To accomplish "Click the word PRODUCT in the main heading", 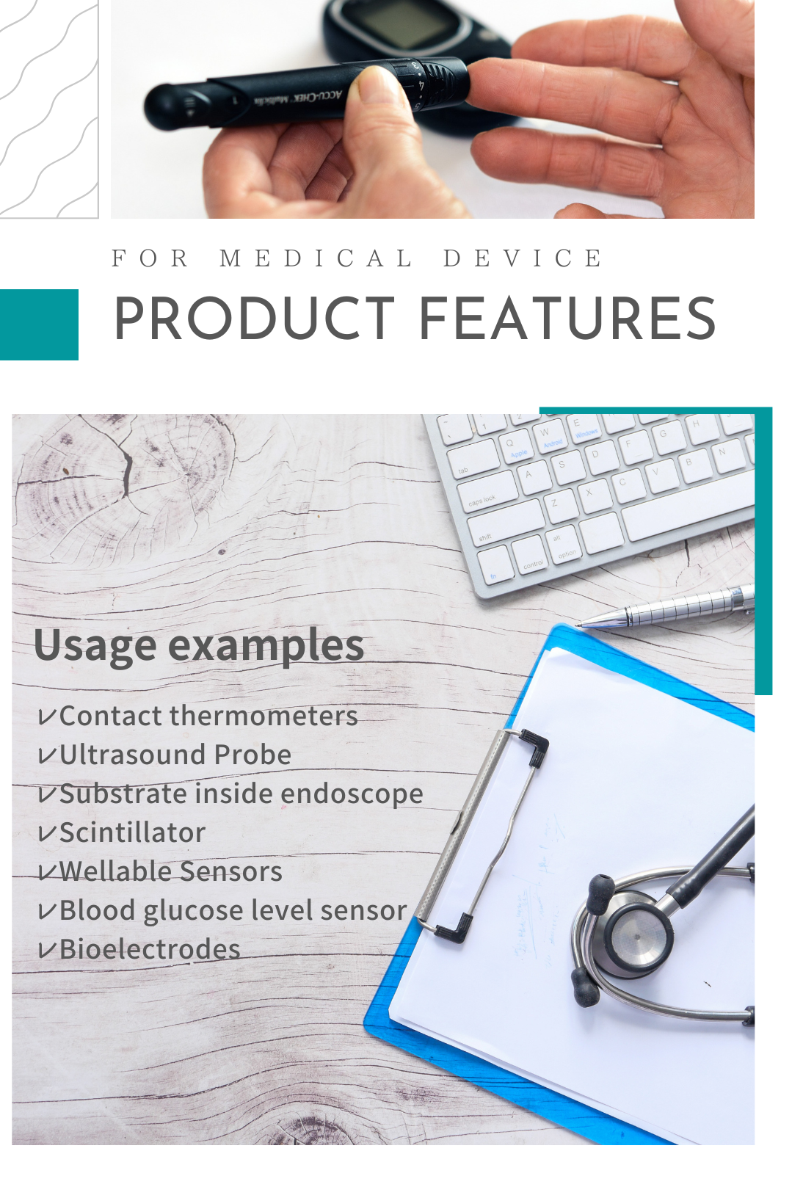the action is click(255, 319).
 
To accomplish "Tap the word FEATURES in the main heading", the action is click(568, 319).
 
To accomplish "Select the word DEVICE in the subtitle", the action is click(523, 258).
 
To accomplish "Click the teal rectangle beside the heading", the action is click(39, 324).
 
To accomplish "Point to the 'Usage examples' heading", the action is click(199, 645).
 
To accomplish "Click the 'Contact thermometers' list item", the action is click(208, 716).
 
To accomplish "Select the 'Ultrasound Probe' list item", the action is click(175, 755).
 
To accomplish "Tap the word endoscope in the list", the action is click(352, 794).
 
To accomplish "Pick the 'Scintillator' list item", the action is click(133, 832).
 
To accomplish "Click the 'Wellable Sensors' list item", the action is click(170, 871).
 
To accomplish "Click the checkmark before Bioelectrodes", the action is click(46, 951).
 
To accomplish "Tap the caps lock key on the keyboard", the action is click(487, 493).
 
